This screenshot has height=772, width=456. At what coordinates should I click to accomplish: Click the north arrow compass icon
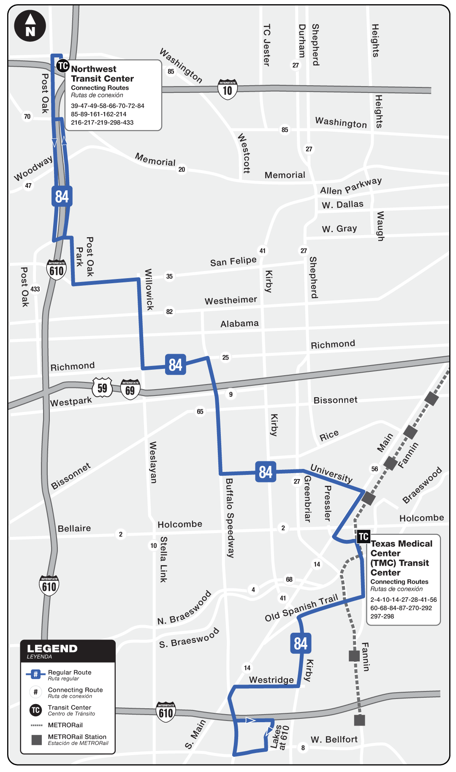(30, 26)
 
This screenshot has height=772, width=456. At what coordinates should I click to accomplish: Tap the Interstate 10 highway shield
(228, 89)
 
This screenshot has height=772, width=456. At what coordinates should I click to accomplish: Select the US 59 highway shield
(102, 387)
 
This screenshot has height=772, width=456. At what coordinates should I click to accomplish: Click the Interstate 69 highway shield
(130, 390)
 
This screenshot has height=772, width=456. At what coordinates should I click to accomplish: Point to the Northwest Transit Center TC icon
(63, 66)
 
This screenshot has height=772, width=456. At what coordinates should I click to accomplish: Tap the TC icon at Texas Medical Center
(364, 536)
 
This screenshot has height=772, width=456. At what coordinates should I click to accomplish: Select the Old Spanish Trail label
(301, 608)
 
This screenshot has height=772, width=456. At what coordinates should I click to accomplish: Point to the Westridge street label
(271, 680)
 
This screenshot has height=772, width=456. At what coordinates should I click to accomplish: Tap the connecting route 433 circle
(35, 289)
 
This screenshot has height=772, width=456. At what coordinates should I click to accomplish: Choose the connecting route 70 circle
(27, 116)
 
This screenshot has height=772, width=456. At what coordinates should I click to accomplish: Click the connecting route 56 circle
(375, 469)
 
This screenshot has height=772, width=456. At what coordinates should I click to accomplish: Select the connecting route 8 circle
(303, 748)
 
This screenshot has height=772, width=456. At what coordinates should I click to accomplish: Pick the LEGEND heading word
(52, 649)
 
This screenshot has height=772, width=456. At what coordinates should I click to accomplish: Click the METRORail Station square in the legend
(37, 739)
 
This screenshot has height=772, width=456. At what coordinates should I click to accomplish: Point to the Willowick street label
(149, 290)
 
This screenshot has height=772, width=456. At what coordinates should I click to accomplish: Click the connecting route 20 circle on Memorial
(182, 169)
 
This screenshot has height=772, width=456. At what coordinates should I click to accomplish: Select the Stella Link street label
(163, 559)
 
